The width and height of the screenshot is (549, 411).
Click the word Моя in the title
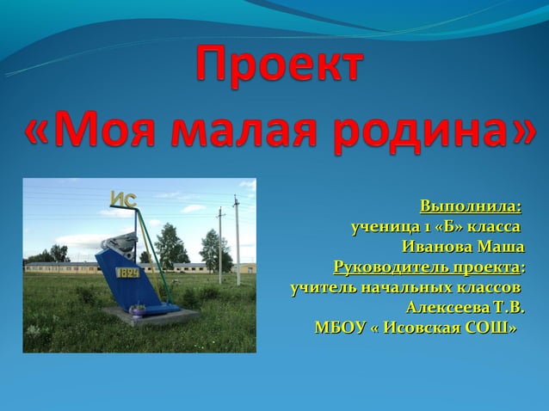pos(108,131)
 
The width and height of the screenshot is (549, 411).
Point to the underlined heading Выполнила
pos(470,207)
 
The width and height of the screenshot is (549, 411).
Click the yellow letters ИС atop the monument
pos(123,200)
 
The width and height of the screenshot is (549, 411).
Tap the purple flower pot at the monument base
pos(137,308)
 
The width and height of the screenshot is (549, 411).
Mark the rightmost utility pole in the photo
pos(237,241)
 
